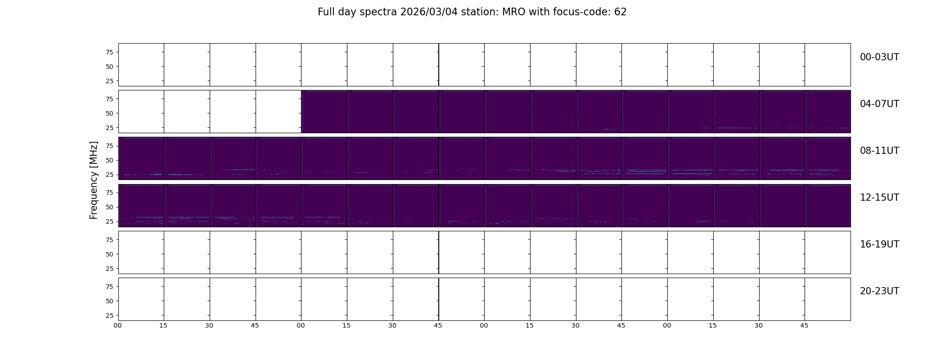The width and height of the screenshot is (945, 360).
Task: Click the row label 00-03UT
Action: (879, 57)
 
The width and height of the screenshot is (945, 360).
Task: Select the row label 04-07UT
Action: (879, 104)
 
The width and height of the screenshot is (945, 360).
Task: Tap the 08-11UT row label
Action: (879, 151)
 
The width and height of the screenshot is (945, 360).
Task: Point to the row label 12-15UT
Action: (879, 198)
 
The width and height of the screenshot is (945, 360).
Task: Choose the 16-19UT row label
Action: (879, 244)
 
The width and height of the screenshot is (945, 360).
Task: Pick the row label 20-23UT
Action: (879, 291)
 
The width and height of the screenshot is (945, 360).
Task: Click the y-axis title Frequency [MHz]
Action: (94, 180)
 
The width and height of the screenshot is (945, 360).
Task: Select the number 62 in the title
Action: (621, 12)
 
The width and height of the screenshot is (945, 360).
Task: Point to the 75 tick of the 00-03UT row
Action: (109, 52)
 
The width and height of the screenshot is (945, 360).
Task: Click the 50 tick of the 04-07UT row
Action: (109, 113)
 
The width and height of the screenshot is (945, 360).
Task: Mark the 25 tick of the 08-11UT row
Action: (109, 175)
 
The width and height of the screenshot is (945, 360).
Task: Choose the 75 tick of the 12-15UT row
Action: (109, 193)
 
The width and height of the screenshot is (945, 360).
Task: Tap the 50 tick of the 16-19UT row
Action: (109, 254)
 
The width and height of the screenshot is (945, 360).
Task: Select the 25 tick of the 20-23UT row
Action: (109, 315)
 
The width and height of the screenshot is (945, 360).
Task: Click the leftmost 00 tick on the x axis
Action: (118, 325)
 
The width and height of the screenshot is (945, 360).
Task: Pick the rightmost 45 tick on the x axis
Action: (805, 325)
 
